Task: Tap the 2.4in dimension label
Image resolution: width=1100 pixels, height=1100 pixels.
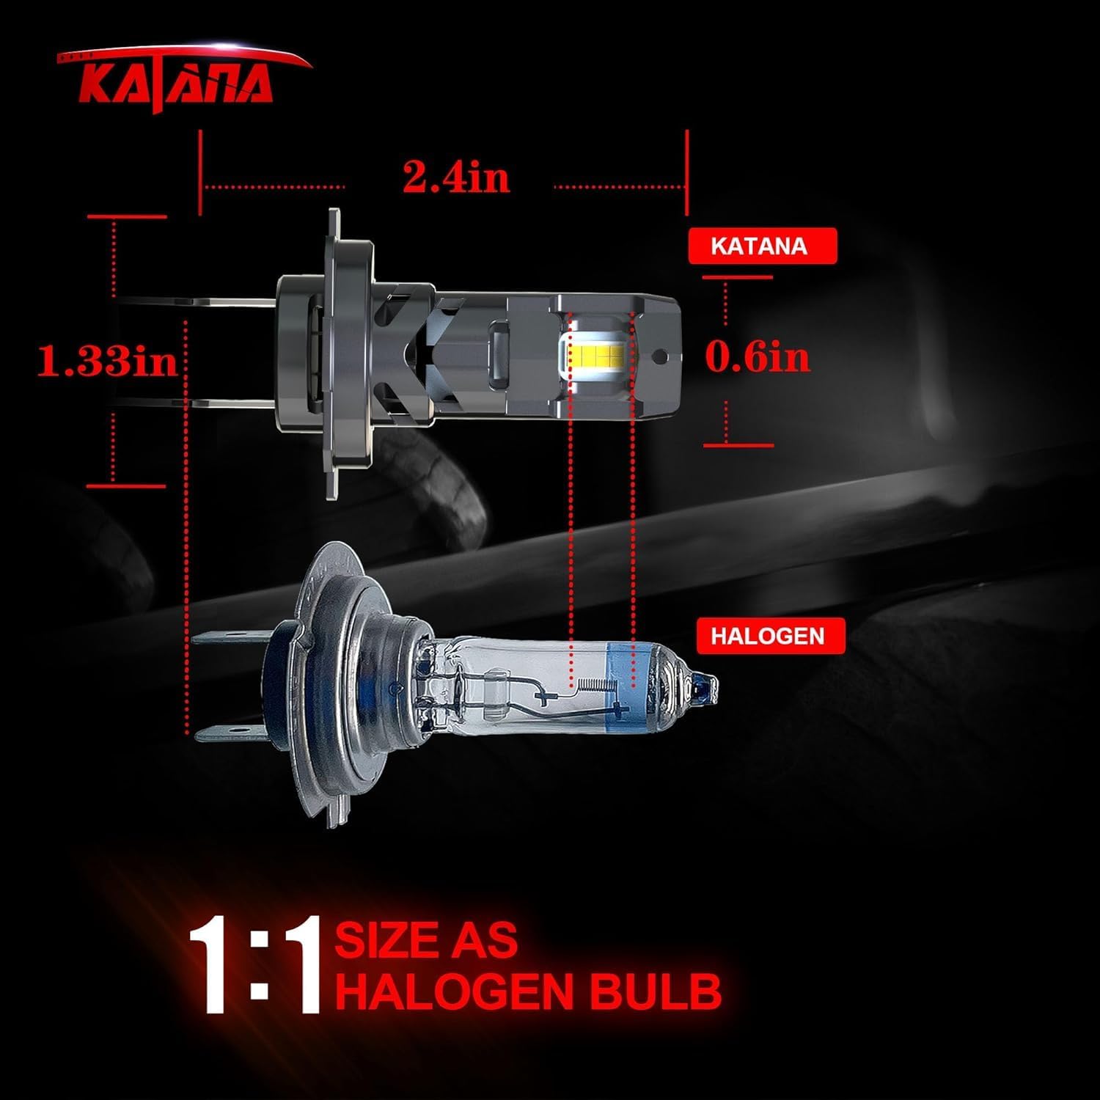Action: coord(456,177)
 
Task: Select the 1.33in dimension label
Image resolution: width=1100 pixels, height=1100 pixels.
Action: coord(108,361)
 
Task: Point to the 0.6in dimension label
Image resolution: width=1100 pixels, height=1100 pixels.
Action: coord(758,357)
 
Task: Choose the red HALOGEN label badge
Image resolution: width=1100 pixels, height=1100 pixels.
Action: coord(767,636)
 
